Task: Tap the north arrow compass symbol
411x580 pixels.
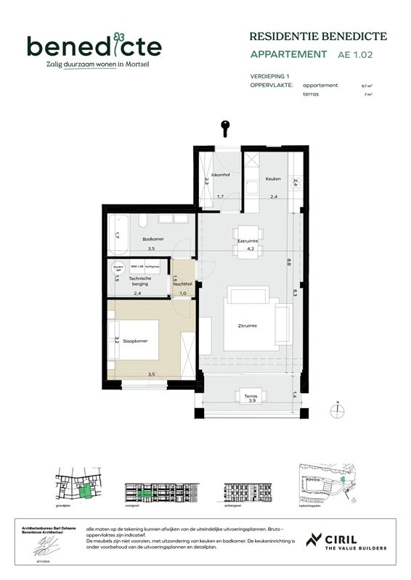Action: (337, 410)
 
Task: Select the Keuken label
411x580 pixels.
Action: (273, 178)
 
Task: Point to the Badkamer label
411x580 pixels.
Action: (152, 239)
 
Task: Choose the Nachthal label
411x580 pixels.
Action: (183, 283)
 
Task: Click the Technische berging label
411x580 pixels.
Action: (139, 281)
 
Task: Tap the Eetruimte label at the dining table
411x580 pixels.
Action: (248, 241)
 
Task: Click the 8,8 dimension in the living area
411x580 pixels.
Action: (288, 262)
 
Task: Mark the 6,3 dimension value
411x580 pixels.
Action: (294, 292)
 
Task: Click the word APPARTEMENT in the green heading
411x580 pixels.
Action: (288, 54)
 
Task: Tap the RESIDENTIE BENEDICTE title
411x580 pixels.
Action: (318, 36)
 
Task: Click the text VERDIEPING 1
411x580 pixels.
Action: (269, 76)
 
